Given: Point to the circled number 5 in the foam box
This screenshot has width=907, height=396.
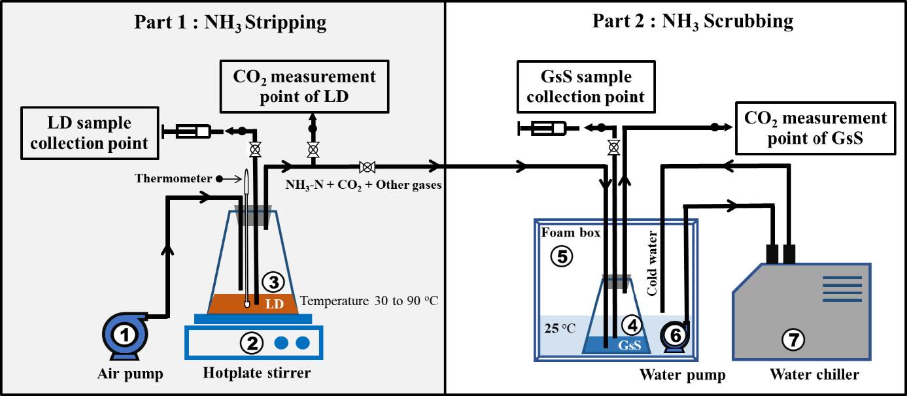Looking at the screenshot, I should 561,256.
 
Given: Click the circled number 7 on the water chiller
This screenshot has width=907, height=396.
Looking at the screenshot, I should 793,339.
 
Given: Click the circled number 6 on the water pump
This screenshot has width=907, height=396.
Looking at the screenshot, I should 676,334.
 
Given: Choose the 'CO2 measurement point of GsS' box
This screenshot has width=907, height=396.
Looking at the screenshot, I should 815,128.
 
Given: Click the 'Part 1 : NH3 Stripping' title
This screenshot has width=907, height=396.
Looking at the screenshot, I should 230,22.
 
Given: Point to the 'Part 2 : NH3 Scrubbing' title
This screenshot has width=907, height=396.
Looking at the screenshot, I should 693,22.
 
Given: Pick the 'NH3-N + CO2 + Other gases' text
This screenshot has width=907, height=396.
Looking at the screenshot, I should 363,185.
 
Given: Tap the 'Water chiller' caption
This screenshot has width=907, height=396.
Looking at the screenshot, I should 814,374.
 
